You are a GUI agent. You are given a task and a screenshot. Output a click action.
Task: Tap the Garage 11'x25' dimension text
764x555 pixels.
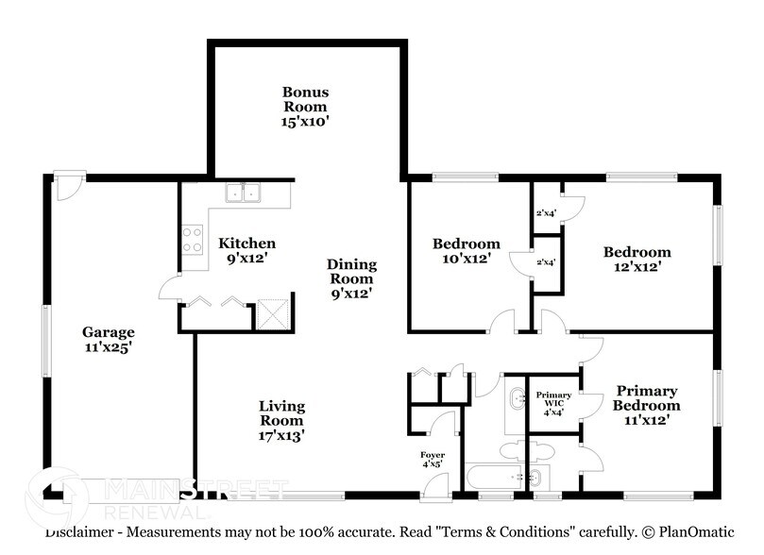pos(108,347)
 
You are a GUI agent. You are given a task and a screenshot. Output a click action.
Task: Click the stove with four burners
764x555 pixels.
pos(192,240)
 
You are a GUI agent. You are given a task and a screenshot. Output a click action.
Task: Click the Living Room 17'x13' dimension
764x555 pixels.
pos(282,435)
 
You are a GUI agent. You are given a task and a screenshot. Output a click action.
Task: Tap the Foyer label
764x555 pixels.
pos(433,455)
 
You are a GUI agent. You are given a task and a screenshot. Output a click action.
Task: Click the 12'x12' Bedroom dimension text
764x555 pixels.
pos(637,267)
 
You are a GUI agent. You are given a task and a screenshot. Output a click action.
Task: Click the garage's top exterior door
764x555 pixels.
pos(68,185)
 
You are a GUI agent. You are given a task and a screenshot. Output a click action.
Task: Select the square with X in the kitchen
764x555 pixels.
pos(272,312)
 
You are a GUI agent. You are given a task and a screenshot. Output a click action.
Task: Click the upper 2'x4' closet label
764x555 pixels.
pos(546,212)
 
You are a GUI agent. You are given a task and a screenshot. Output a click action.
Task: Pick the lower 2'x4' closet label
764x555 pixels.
pos(546,262)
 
